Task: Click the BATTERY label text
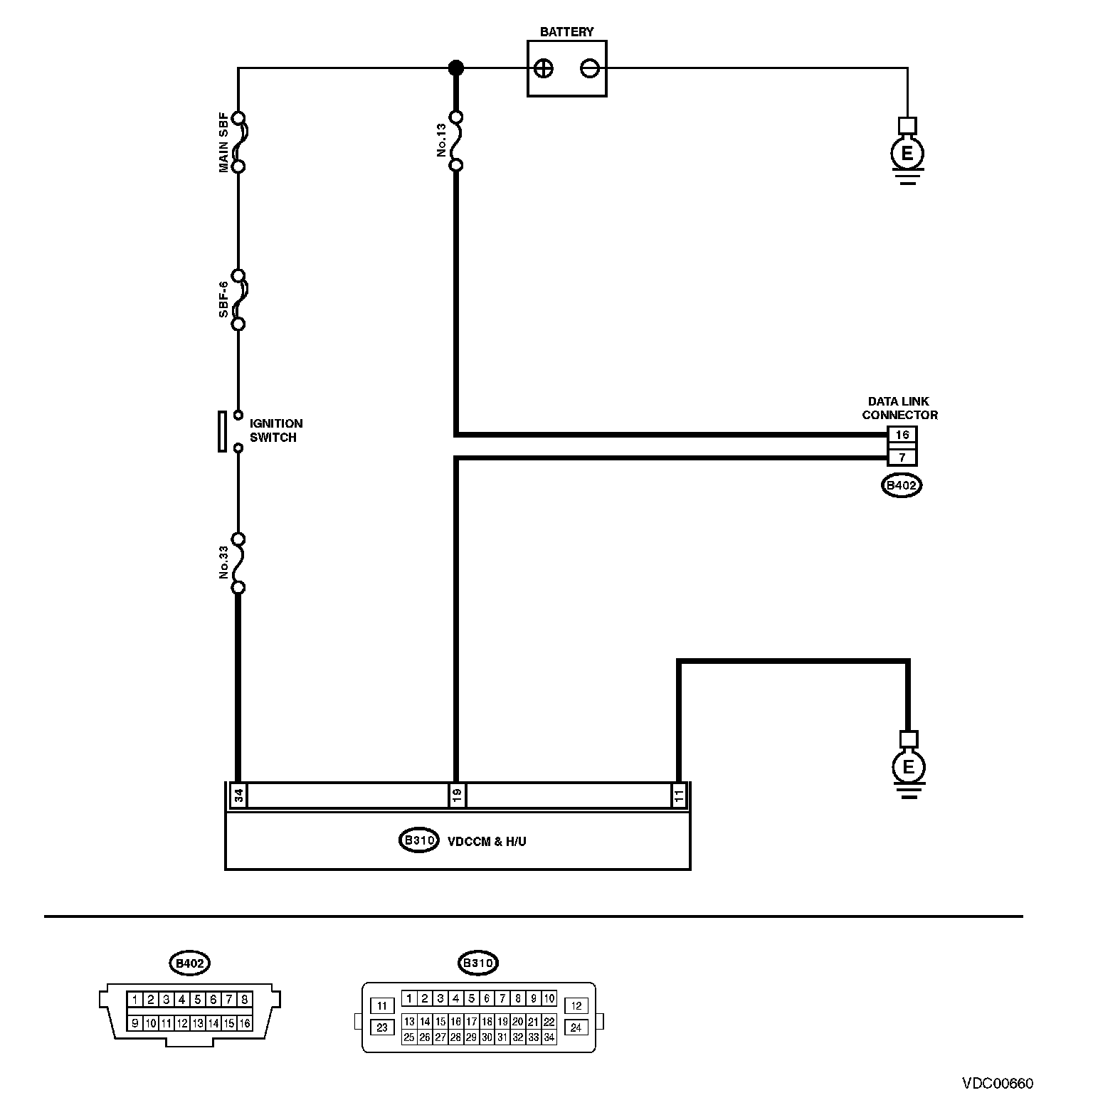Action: point(566,32)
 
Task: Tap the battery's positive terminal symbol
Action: point(543,69)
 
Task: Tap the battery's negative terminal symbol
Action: point(590,69)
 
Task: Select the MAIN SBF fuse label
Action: point(223,142)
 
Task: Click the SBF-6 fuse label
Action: point(223,300)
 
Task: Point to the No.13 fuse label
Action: point(441,141)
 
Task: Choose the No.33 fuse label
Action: point(223,563)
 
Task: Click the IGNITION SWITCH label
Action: point(275,430)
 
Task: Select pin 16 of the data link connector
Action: point(902,435)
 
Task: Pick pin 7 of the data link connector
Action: point(902,457)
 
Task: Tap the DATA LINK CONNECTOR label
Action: point(899,408)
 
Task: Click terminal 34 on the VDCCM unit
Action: point(239,795)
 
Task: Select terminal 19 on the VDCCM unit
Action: point(456,795)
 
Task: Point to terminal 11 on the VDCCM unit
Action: point(679,795)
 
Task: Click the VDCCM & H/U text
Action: point(487,841)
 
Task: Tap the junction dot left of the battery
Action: point(456,68)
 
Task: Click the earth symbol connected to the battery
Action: point(907,153)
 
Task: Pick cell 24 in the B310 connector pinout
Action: point(576,1027)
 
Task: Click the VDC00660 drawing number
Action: point(998,1084)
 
